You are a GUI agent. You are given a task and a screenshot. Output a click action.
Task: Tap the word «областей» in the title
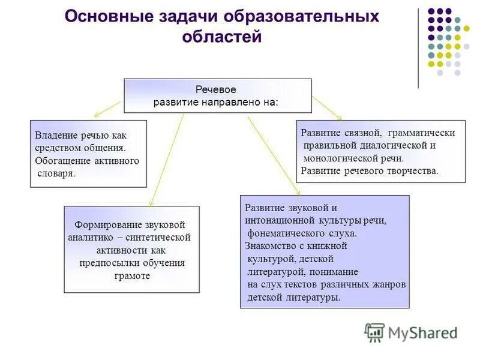click(223, 37)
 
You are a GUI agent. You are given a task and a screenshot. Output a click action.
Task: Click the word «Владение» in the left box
click(55, 136)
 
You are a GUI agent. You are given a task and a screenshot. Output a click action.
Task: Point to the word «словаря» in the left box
click(55, 173)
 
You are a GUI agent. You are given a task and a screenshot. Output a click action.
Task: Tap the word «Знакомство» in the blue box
click(270, 245)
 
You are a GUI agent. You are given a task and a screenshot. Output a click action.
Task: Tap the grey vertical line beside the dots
click(418, 48)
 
